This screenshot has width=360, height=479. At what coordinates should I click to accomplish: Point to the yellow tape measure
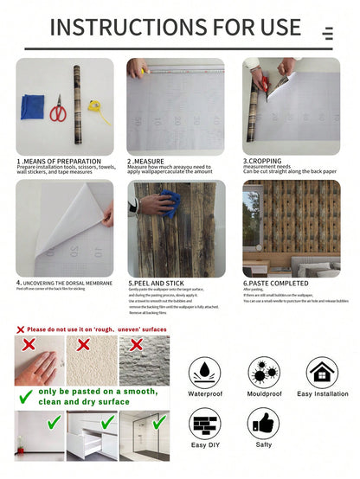tap(97, 112)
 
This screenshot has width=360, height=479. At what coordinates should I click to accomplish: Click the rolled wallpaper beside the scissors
tap(75, 105)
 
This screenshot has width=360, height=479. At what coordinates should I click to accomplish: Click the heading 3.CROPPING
tap(259, 161)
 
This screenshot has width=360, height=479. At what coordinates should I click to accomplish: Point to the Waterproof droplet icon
tap(206, 372)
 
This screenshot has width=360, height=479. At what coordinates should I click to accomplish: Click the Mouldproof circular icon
tap(263, 372)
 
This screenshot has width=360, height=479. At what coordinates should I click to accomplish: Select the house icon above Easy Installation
tap(321, 372)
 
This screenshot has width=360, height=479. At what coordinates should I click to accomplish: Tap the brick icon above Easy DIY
tap(206, 425)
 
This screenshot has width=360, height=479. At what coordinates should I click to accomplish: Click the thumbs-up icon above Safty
tap(263, 424)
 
